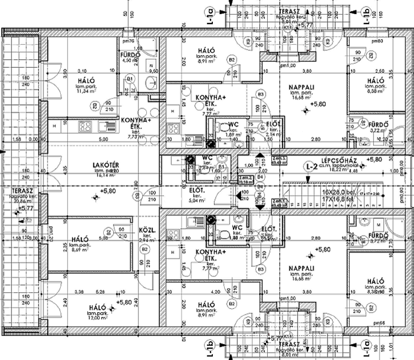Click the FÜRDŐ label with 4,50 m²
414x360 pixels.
pyautogui.click(x=129, y=55)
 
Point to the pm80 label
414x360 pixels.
pyautogui.click(x=377, y=41)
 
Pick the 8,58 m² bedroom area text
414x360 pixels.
pyautogui.click(x=376, y=91)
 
